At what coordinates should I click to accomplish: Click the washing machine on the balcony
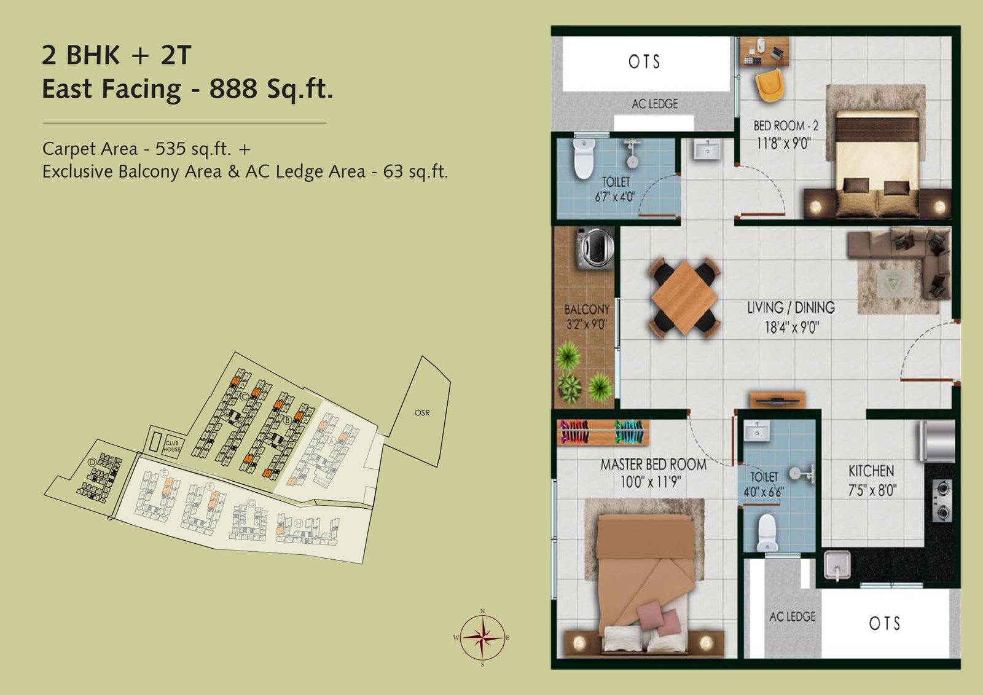pyautogui.click(x=595, y=248)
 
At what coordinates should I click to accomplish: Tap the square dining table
pyautogui.click(x=684, y=299)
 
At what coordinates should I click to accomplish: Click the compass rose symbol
pyautogui.click(x=483, y=638)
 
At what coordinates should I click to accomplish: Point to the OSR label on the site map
pyautogui.click(x=422, y=413)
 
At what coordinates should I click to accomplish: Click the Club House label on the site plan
pyautogui.click(x=172, y=446)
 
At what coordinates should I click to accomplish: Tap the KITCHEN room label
pyautogui.click(x=871, y=471)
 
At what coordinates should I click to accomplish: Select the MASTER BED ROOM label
pyautogui.click(x=653, y=465)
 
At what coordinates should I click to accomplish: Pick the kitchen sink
pyautogui.click(x=837, y=565)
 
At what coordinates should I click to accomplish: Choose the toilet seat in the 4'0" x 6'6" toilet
pyautogui.click(x=767, y=532)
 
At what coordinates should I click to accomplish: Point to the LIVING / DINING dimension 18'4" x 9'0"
pyautogui.click(x=791, y=328)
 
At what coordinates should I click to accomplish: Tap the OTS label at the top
pyautogui.click(x=644, y=62)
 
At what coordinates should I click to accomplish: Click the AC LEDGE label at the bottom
pyautogui.click(x=793, y=616)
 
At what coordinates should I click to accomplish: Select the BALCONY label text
pyautogui.click(x=587, y=310)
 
